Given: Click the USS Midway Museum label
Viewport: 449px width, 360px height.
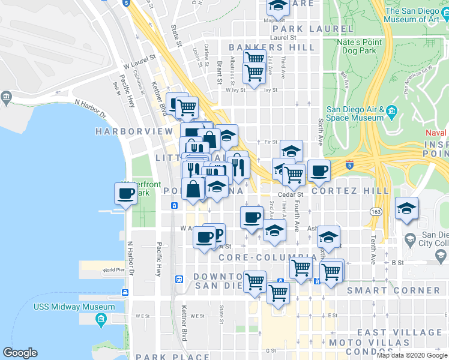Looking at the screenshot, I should tap(65, 307).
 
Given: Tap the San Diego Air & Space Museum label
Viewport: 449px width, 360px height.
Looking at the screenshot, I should tap(355, 113).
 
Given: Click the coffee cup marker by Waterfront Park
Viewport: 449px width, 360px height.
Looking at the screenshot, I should tap(126, 194).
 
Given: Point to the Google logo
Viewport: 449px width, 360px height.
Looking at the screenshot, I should tap(20, 353).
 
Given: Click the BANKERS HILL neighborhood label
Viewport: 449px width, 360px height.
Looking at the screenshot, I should tap(271, 47).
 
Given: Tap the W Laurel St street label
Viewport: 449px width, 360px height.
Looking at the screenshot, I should tap(139, 61).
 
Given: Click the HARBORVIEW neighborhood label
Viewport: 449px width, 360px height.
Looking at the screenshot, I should tap(125, 131).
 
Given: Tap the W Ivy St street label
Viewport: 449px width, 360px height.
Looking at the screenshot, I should tap(236, 90).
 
